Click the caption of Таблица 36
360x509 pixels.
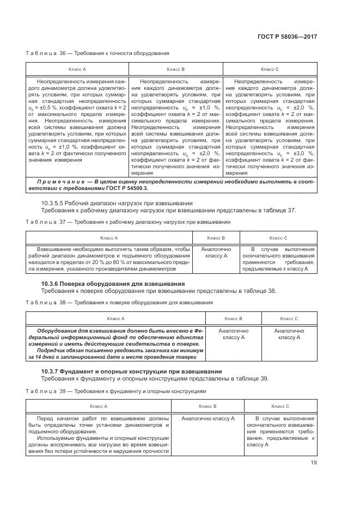click(x=97, y=53)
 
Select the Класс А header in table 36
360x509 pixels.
click(x=77, y=70)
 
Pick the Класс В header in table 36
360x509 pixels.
click(x=175, y=70)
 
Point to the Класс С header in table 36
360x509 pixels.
click(x=270, y=70)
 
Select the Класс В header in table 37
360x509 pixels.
click(x=216, y=238)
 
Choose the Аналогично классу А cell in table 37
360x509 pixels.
click(x=216, y=252)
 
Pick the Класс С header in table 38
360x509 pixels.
click(x=289, y=318)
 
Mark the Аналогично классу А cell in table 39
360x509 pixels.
click(x=208, y=418)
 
